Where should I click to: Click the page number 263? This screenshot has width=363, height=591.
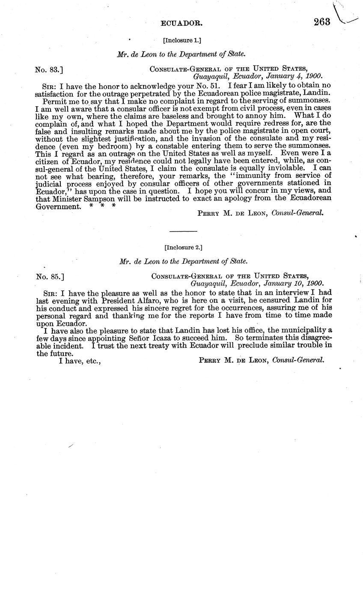(x=322, y=22)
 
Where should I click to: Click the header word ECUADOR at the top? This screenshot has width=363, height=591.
(x=181, y=24)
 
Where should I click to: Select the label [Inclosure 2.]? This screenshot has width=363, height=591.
(x=183, y=247)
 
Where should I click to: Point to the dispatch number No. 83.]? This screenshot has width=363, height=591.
(x=50, y=69)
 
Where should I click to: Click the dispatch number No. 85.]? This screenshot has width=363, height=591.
(x=50, y=276)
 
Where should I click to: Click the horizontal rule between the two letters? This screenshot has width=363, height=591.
(x=183, y=231)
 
